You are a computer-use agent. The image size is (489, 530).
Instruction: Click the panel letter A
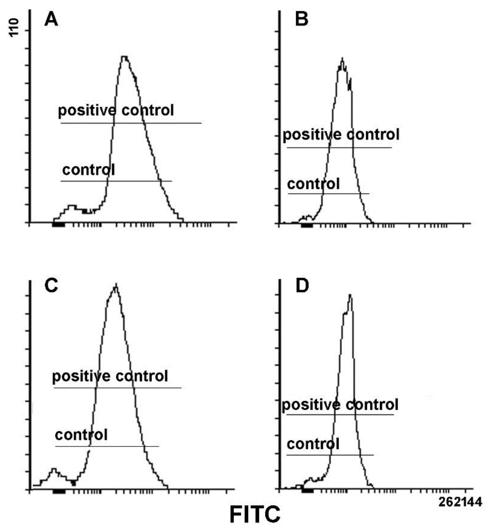51,20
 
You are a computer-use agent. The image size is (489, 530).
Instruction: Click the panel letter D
302,286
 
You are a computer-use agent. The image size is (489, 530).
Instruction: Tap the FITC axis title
255,514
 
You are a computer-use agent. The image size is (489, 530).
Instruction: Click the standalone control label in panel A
88,170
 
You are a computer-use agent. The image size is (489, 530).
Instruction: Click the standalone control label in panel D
313,444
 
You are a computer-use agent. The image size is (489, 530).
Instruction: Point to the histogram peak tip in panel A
125,57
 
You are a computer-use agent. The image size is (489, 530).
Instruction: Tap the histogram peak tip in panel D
350,295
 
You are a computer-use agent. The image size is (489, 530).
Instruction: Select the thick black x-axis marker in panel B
307,225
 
